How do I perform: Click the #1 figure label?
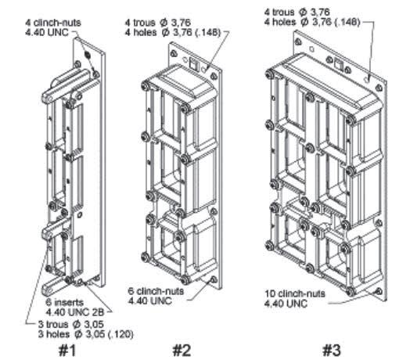pos(67,351)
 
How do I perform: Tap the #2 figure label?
pos(182,351)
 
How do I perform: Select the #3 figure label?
pos(332,350)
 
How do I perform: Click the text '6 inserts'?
pos(65,302)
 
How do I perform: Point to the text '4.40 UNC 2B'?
pos(75,312)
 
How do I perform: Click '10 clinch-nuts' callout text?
pos(295,293)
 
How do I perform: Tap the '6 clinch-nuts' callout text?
pos(156,291)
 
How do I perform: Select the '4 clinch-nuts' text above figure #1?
pos(53,23)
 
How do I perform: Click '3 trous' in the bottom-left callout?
pos(54,325)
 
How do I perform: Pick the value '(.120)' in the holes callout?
pos(120,334)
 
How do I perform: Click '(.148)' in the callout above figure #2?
pos(207,33)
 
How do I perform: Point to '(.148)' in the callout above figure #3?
pos(347,22)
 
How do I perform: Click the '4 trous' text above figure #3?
pos(279,12)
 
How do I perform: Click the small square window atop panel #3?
pos(339,65)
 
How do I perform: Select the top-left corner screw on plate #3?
pos(297,41)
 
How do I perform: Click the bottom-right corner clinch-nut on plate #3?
pos(378,291)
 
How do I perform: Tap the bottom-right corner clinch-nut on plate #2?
pos(214,279)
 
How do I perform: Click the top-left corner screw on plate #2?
pos(173,54)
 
